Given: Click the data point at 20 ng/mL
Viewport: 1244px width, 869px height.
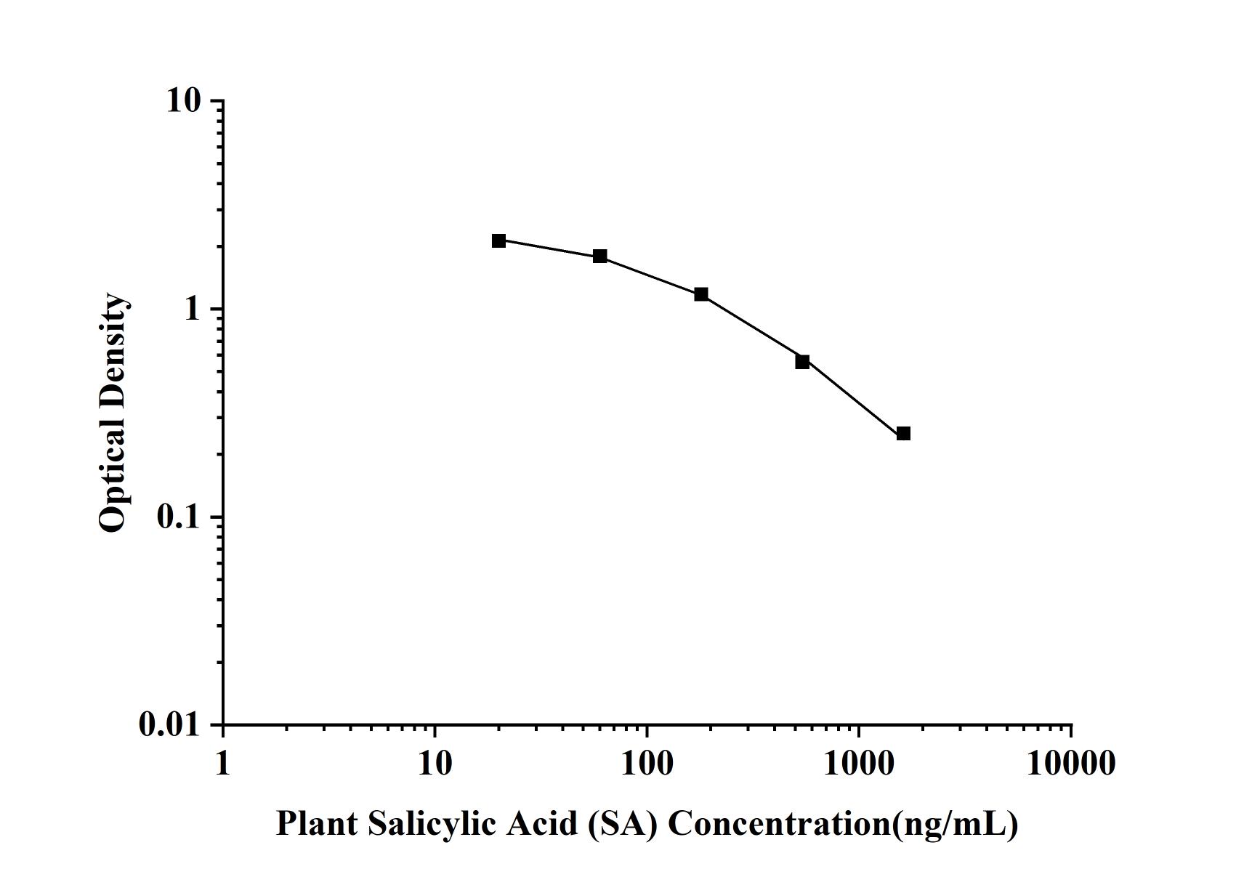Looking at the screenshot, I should click(x=498, y=241).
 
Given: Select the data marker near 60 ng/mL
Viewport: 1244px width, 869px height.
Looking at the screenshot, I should click(x=600, y=256).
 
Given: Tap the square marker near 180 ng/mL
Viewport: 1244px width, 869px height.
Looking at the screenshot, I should click(x=701, y=294).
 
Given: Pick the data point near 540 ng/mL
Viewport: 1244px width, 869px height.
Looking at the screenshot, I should click(x=802, y=362).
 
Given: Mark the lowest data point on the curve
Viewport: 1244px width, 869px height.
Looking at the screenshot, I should click(x=903, y=434).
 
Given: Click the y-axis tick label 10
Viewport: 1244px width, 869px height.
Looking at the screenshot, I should click(x=183, y=101).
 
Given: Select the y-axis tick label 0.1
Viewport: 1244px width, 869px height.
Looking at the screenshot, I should click(x=177, y=517).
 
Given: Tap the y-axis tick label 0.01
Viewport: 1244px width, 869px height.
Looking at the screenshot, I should click(x=169, y=725).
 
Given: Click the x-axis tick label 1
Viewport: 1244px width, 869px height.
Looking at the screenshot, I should click(x=222, y=764).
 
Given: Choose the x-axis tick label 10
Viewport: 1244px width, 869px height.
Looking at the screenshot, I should click(x=435, y=764).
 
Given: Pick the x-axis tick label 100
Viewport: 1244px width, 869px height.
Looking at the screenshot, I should click(x=647, y=764).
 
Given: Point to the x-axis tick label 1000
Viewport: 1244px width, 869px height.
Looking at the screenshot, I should click(x=859, y=764).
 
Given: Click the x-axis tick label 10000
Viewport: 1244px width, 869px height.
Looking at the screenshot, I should click(x=1071, y=764).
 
